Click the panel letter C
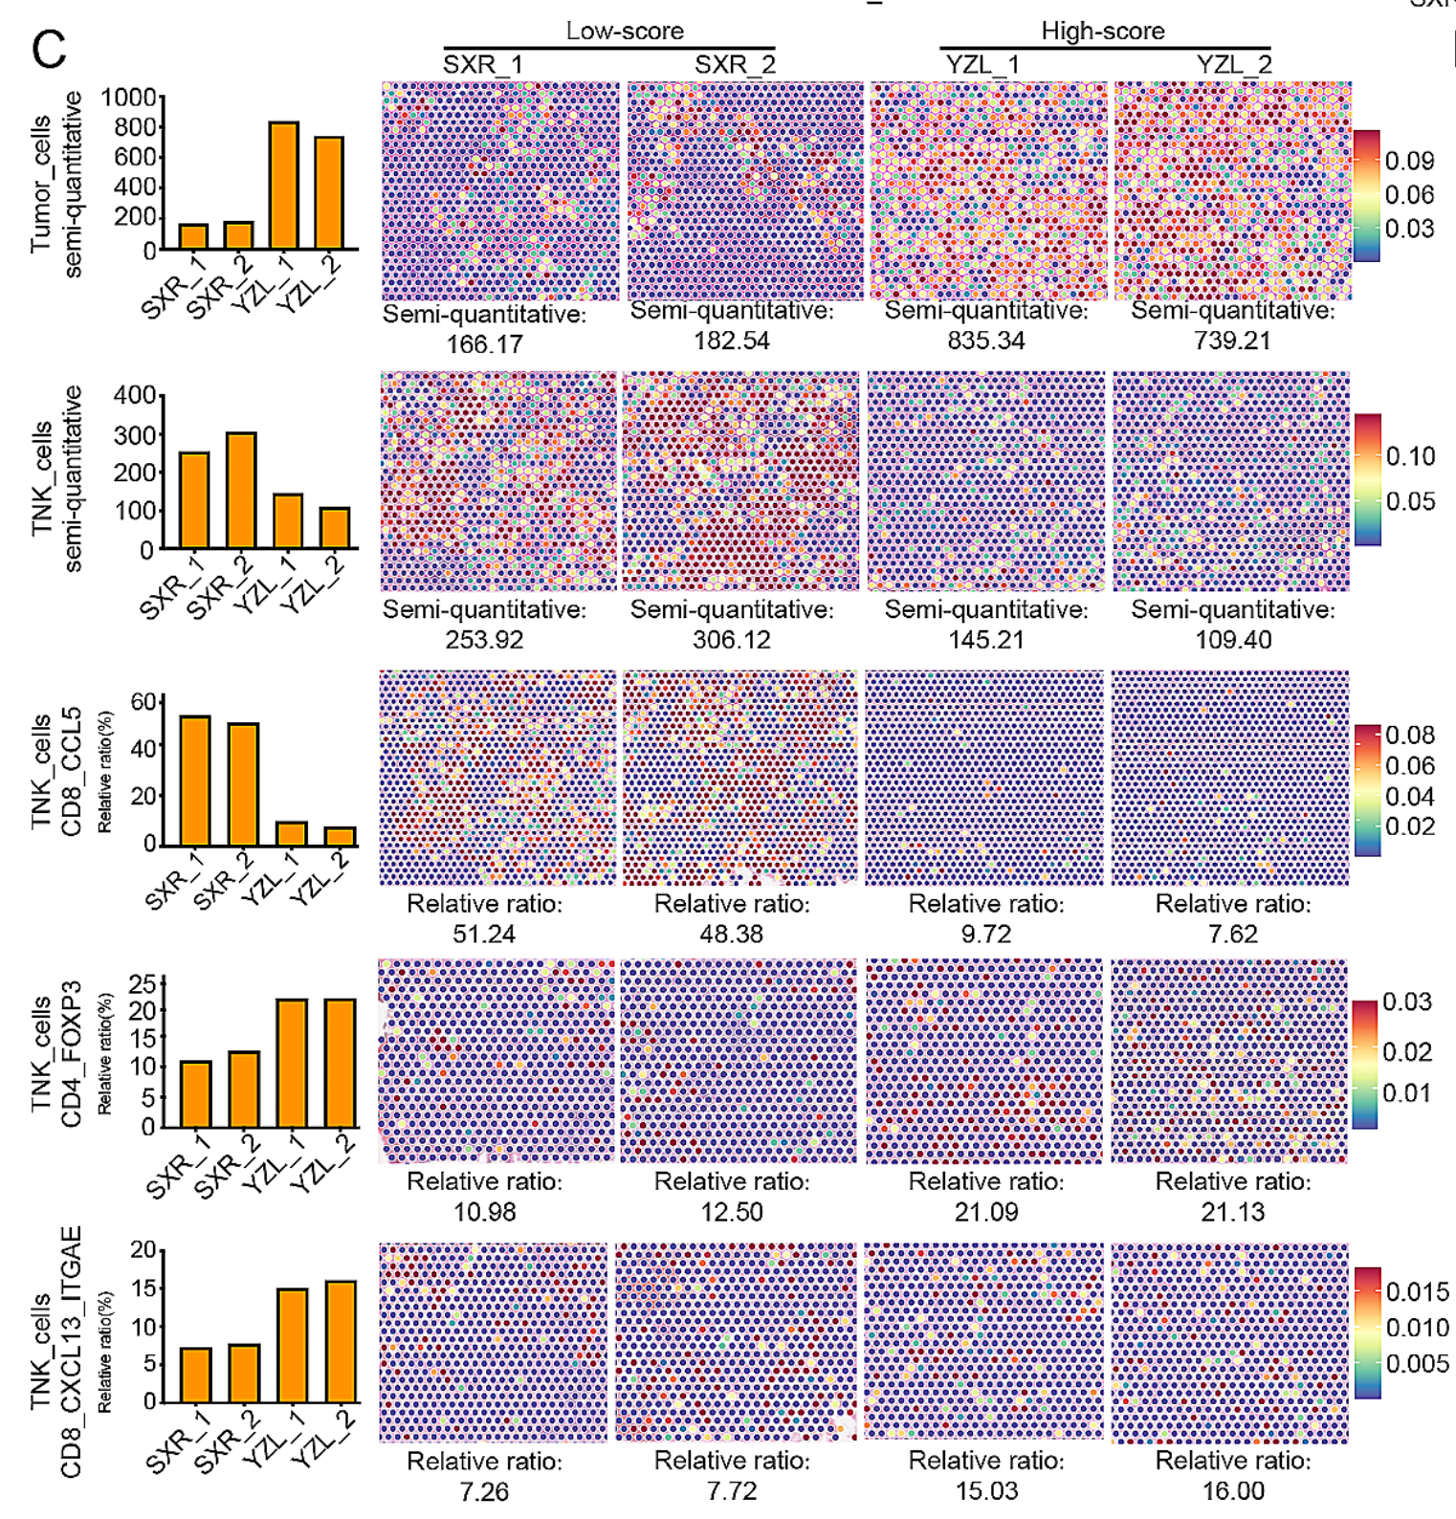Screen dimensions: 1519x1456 [49, 49]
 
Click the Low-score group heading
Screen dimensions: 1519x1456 [625, 31]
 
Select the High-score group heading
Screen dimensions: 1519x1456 [1102, 31]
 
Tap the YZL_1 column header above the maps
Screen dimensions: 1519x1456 [982, 65]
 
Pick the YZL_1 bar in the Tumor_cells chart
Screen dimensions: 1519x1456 [283, 186]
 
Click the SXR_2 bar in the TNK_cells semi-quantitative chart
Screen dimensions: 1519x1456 [241, 491]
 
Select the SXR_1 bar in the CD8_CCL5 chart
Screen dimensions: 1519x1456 [195, 781]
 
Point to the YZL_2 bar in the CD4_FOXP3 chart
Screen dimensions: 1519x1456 [340, 1063]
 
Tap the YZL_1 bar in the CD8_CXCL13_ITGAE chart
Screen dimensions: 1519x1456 [292, 1345]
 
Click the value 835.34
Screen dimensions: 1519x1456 [985, 341]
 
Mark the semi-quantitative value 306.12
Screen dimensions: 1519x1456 [731, 640]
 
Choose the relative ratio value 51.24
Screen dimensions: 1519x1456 [483, 934]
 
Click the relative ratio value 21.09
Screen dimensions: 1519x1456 [985, 1212]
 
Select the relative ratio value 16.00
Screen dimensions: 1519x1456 [1232, 1491]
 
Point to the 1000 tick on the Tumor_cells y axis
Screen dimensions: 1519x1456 [128, 98]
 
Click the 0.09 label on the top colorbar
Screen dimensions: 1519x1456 [1409, 161]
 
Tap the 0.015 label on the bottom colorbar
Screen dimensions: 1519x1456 [1417, 1292]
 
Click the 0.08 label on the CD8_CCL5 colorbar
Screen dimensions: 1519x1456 [1409, 736]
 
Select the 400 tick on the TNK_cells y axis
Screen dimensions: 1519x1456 [134, 396]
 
